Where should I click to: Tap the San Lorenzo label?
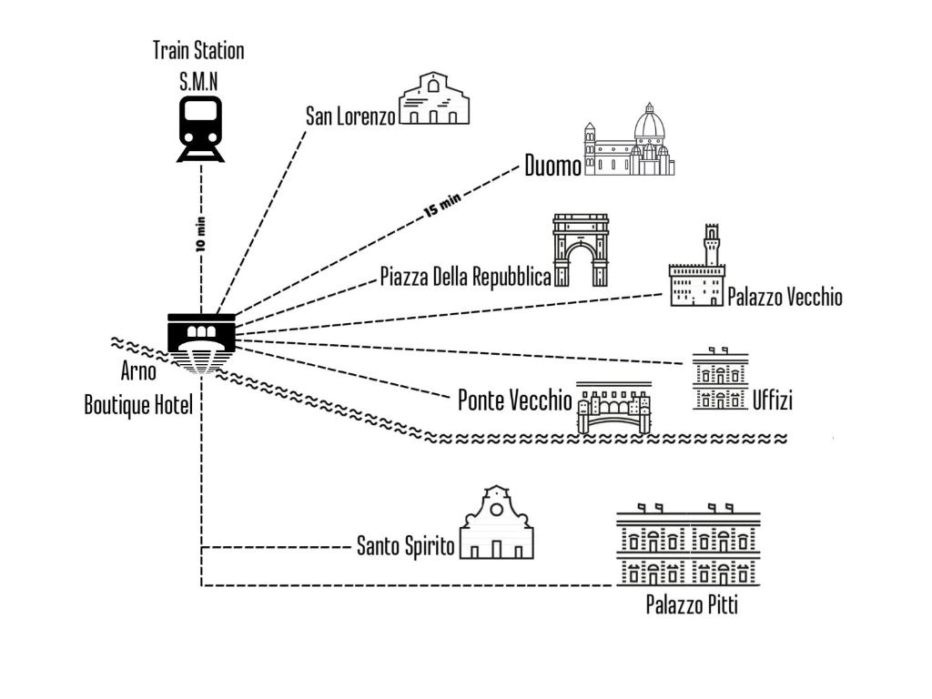350,116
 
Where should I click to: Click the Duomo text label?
552,167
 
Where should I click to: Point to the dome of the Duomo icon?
650,126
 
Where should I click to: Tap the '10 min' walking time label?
201,234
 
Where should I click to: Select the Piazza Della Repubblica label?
465,277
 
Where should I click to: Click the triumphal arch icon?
580,250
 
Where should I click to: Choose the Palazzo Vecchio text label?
785,297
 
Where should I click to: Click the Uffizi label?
773,400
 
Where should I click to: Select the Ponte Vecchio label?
515,400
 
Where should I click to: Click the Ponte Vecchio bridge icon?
614,408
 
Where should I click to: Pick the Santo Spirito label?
405,546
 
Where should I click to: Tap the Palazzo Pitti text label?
692,603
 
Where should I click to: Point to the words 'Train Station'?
198,50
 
